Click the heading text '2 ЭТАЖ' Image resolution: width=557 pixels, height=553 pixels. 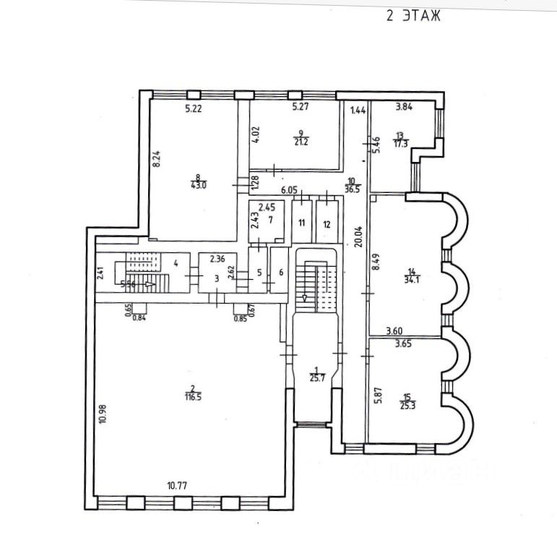(x=413, y=16)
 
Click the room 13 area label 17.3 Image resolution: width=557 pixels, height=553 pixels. (x=402, y=143)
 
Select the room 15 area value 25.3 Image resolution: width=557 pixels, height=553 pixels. (x=409, y=401)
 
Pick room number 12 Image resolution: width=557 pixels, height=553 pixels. (x=327, y=224)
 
